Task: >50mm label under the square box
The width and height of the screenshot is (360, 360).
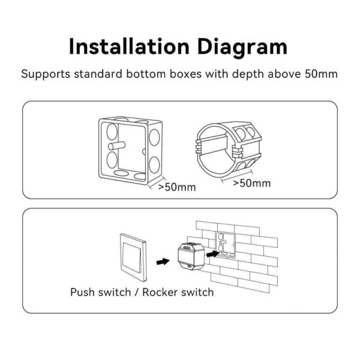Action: [x=177, y=187]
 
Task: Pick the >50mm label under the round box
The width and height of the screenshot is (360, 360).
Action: [x=251, y=182]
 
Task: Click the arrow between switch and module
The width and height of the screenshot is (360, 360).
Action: [x=160, y=262]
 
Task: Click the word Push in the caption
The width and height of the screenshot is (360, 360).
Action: [x=83, y=293]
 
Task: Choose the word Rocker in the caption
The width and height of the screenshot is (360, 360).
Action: [x=164, y=293]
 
